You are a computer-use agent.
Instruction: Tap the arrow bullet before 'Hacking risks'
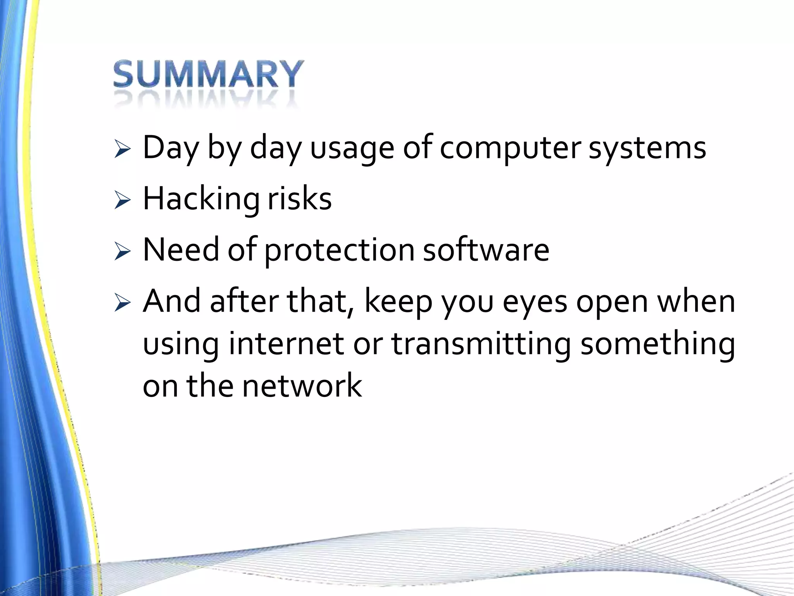pos(123,201)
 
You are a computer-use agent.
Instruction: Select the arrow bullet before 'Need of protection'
pos(123,252)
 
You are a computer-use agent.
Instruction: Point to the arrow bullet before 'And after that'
pos(123,303)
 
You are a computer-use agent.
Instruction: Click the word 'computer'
pos(510,149)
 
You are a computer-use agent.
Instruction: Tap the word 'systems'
pos(647,149)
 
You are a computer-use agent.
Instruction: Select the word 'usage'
pos(352,149)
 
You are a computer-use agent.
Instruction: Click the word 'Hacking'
pos(201,199)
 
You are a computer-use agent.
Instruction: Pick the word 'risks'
pos(300,199)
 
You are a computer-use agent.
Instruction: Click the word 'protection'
pos(340,251)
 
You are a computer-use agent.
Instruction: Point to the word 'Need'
pos(181,250)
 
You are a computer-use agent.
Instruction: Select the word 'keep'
pos(398,302)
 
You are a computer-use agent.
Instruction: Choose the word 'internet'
pos(286,344)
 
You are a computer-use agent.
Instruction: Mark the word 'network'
pos(302,386)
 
